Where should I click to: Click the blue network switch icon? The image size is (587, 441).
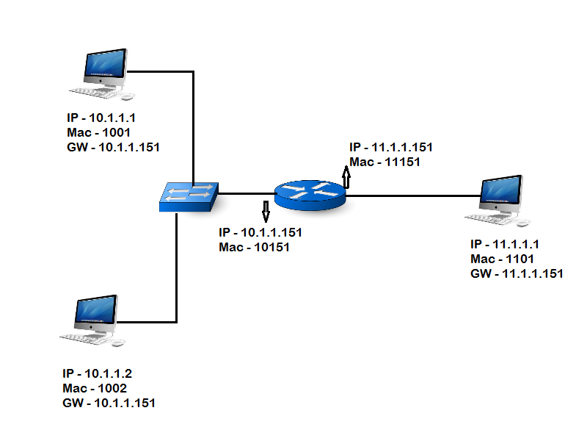pyautogui.click(x=189, y=196)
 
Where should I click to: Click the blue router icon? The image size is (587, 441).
pyautogui.click(x=310, y=194)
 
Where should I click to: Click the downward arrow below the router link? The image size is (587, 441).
pyautogui.click(x=266, y=212)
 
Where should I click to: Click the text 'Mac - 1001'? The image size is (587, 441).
pyautogui.click(x=98, y=132)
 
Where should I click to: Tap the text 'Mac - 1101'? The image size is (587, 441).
pyautogui.click(x=502, y=259)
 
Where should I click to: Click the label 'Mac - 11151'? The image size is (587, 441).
pyautogui.click(x=384, y=162)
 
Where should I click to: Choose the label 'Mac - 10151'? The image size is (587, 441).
pyautogui.click(x=254, y=247)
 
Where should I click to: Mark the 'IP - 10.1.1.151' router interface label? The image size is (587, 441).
pyautogui.click(x=260, y=232)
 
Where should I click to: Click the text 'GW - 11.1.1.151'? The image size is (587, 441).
pyautogui.click(x=517, y=273)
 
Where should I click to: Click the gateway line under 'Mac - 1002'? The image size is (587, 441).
pyautogui.click(x=109, y=404)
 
